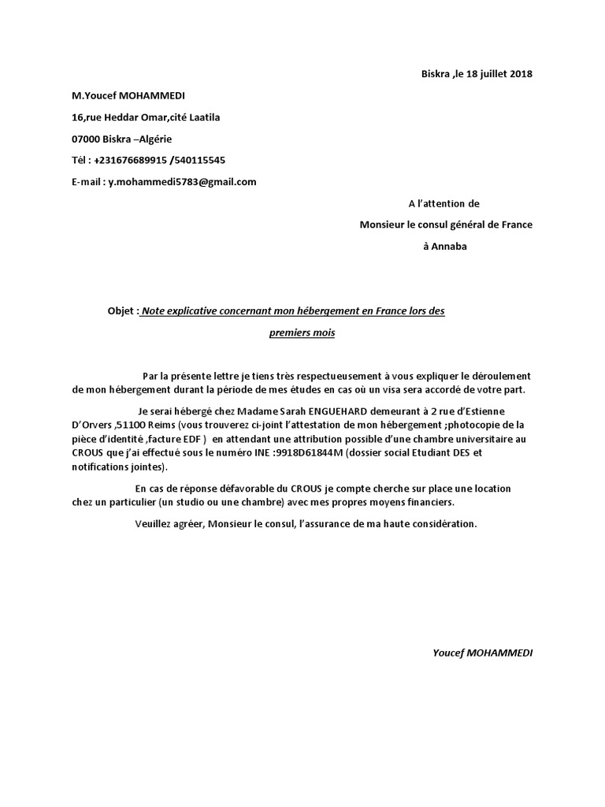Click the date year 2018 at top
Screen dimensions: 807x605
pos(521,74)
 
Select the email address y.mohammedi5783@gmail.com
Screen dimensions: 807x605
pos(183,182)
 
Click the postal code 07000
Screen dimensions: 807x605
pos(87,139)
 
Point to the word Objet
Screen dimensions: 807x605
pos(121,311)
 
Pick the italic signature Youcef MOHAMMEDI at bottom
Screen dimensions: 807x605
pos(482,653)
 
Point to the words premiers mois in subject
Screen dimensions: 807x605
pos(302,333)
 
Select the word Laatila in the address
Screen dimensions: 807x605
pos(203,117)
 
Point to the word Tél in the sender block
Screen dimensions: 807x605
pos(80,160)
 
